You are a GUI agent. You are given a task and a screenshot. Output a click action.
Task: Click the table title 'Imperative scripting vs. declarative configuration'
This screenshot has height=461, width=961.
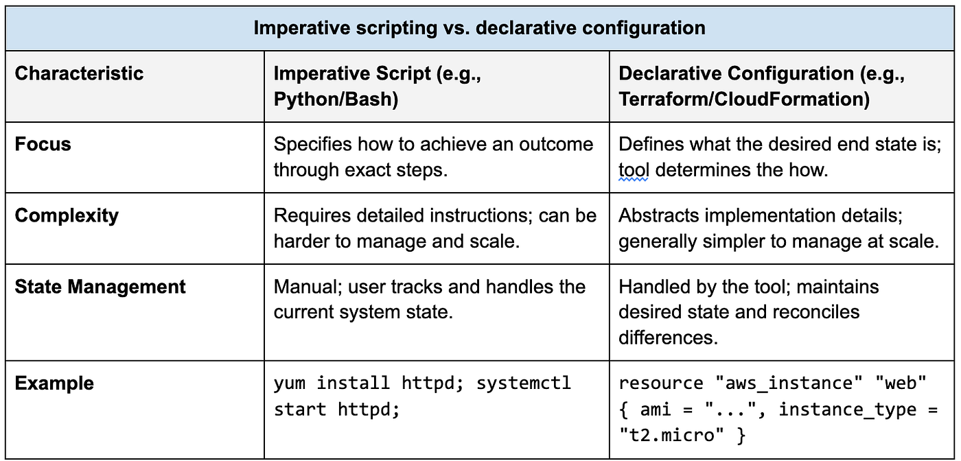(479, 28)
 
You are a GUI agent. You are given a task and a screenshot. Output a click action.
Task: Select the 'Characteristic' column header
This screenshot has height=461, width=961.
(79, 73)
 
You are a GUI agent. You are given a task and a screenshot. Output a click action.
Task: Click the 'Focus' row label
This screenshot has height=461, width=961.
(43, 144)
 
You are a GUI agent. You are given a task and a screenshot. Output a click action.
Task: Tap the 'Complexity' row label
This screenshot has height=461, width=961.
(67, 215)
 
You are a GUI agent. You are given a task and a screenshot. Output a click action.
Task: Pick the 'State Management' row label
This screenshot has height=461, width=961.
(100, 287)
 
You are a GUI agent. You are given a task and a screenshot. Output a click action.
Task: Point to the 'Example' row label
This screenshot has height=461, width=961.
(54, 383)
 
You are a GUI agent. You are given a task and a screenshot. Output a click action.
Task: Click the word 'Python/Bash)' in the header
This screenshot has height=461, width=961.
(336, 99)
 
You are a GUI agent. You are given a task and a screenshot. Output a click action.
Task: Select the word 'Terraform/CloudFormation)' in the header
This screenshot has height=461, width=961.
(744, 99)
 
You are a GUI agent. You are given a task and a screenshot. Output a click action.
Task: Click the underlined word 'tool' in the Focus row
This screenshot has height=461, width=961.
(633, 170)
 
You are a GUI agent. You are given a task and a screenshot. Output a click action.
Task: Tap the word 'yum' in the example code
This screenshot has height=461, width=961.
(290, 383)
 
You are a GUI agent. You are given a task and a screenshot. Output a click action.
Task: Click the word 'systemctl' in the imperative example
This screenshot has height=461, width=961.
(523, 383)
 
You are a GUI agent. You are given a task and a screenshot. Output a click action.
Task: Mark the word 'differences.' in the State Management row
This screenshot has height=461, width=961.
(669, 338)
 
